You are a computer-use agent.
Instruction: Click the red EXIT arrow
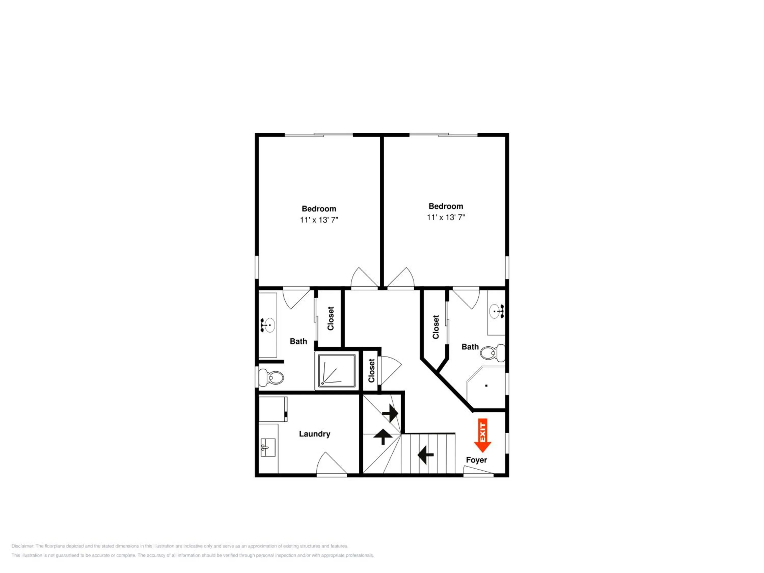(x=483, y=435)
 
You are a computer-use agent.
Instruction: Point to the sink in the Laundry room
(x=268, y=448)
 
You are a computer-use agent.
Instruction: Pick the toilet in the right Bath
(x=493, y=353)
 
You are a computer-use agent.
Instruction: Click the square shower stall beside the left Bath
(x=336, y=371)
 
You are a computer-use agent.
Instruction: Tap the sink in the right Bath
(x=497, y=311)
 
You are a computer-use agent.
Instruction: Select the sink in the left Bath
(x=268, y=325)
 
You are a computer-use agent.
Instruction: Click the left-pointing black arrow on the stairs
(x=426, y=455)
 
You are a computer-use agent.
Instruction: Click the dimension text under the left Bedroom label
(x=319, y=220)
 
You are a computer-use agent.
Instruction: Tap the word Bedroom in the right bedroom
(x=446, y=206)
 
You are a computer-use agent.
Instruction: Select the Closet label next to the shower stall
(x=371, y=371)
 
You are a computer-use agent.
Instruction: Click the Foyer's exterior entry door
(x=478, y=471)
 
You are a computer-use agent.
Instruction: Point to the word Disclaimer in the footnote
(x=23, y=546)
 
